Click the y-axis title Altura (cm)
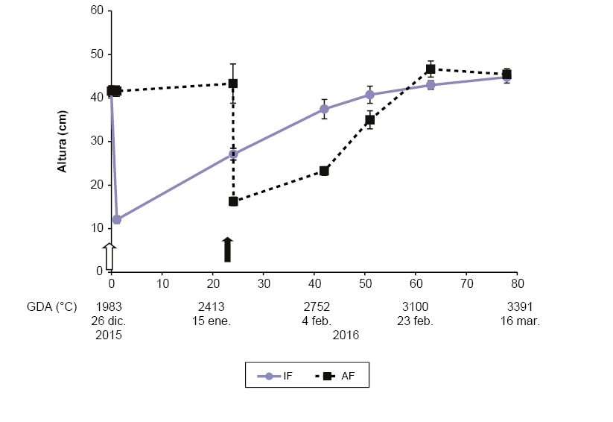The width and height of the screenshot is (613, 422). coord(63,142)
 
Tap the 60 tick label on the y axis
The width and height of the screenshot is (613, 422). coord(96,11)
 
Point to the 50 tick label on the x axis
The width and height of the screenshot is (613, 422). coord(365,284)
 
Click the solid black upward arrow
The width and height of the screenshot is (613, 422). coord(228,250)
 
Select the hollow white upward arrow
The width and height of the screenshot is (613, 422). coord(109,256)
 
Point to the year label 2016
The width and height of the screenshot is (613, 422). coord(346,336)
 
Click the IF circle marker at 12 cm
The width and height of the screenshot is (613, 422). coord(116,219)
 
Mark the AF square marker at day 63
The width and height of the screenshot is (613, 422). coord(431,69)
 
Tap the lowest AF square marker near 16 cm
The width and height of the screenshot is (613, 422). coord(233,201)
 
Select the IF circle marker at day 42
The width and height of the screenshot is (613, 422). coord(324,109)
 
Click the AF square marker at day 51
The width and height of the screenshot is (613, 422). coord(369,120)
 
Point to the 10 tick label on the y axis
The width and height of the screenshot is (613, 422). coord(96,228)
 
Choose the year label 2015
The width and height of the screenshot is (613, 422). coord(109,336)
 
